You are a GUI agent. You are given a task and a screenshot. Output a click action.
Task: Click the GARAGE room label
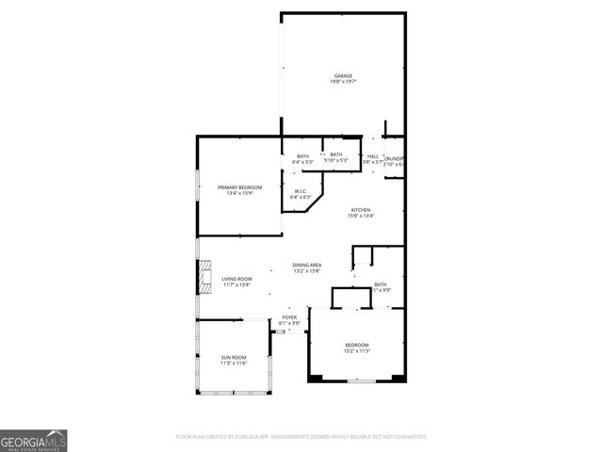click(343, 75)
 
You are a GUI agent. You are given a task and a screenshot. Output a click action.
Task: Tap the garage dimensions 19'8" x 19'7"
click(343, 82)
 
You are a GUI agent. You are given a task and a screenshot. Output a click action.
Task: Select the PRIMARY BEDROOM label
click(240, 187)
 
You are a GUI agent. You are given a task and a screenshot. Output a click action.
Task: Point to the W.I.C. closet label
click(301, 191)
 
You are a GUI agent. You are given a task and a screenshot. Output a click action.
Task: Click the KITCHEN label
click(361, 209)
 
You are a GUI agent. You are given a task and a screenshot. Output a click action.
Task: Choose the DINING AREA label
click(307, 266)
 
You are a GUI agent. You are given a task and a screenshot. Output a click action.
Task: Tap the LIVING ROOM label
click(236, 279)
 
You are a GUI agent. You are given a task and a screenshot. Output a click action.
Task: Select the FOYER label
click(289, 317)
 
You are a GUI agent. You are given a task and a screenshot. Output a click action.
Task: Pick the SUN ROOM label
click(234, 357)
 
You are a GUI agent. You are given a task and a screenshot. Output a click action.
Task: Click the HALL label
click(373, 156)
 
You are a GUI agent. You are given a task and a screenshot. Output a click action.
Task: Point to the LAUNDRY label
click(395, 158)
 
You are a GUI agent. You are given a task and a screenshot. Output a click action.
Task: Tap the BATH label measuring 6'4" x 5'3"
click(302, 156)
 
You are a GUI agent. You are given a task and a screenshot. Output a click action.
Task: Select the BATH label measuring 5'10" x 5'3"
click(336, 154)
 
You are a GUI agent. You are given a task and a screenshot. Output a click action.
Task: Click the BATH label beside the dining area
click(380, 284)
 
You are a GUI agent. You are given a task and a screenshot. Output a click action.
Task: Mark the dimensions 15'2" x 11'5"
click(356, 350)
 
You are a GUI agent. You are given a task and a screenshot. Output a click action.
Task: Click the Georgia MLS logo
click(34, 440)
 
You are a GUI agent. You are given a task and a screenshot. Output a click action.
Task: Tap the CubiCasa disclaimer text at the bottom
click(301, 437)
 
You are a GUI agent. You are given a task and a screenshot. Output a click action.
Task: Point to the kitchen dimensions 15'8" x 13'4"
click(361, 216)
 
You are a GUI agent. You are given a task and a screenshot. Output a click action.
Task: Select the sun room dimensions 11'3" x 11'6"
click(234, 363)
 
